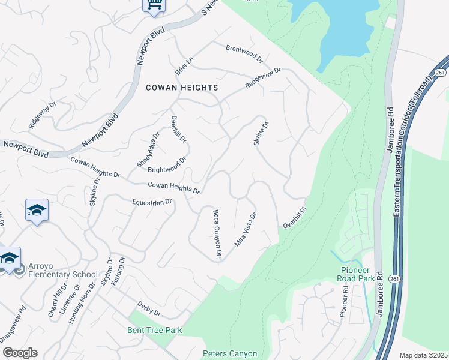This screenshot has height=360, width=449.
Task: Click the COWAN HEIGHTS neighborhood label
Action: (182, 88)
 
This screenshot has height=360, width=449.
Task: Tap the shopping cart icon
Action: (154, 5)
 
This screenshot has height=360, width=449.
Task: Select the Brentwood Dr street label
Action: (244, 53)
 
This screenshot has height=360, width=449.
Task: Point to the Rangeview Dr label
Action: (263, 79)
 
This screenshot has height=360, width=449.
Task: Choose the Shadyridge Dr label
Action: (148, 149)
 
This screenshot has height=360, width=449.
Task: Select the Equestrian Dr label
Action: (152, 203)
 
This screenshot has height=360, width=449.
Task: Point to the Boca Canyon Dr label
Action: (218, 235)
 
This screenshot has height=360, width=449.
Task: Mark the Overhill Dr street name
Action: (295, 217)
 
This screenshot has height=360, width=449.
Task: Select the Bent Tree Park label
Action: (154, 331)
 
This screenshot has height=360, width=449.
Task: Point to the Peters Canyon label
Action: (230, 354)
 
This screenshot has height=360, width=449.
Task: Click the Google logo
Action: (20, 353)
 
